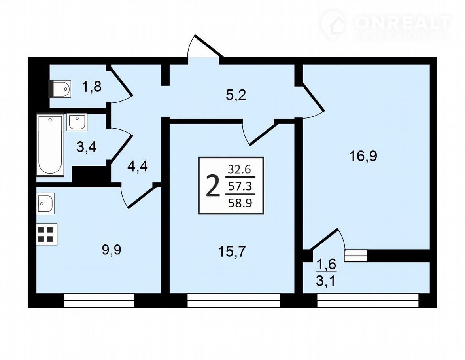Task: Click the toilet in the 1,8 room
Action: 60,89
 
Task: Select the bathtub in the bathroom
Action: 50,145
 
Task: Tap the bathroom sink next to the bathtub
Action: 77,122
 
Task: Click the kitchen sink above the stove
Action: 45,203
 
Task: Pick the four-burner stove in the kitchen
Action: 47,234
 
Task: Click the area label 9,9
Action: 112,250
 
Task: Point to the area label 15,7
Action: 232,252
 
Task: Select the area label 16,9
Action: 363,156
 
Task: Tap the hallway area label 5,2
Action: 236,96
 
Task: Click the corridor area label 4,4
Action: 137,167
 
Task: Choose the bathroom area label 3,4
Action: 87,147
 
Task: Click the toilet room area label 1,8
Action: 92,87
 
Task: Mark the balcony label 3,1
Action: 326,281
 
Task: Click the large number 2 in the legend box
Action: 213,186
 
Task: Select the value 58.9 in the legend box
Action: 240,203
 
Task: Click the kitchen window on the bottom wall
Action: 99,300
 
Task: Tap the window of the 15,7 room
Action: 234,300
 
